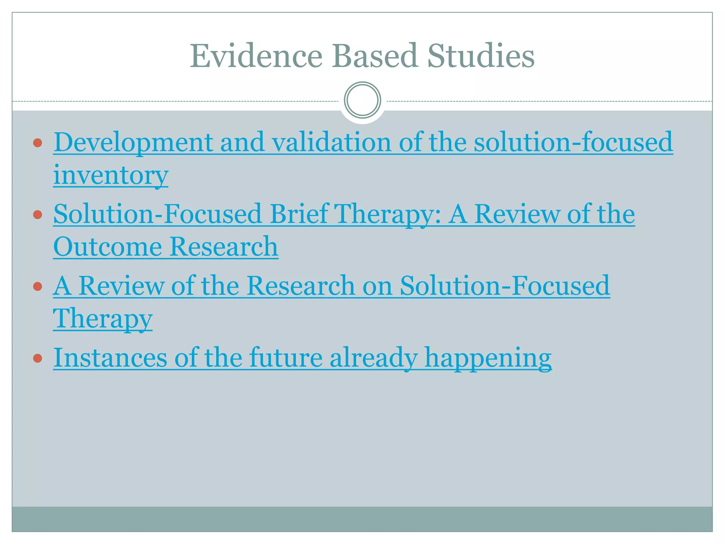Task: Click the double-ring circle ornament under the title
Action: (362, 100)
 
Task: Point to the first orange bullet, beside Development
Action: (38, 143)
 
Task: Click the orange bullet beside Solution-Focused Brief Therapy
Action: (38, 215)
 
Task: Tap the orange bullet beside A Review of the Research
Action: (38, 286)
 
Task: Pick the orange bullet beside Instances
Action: (38, 358)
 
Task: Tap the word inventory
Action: (110, 175)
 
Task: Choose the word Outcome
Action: (107, 246)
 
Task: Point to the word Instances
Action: (110, 357)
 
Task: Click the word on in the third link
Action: (377, 285)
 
